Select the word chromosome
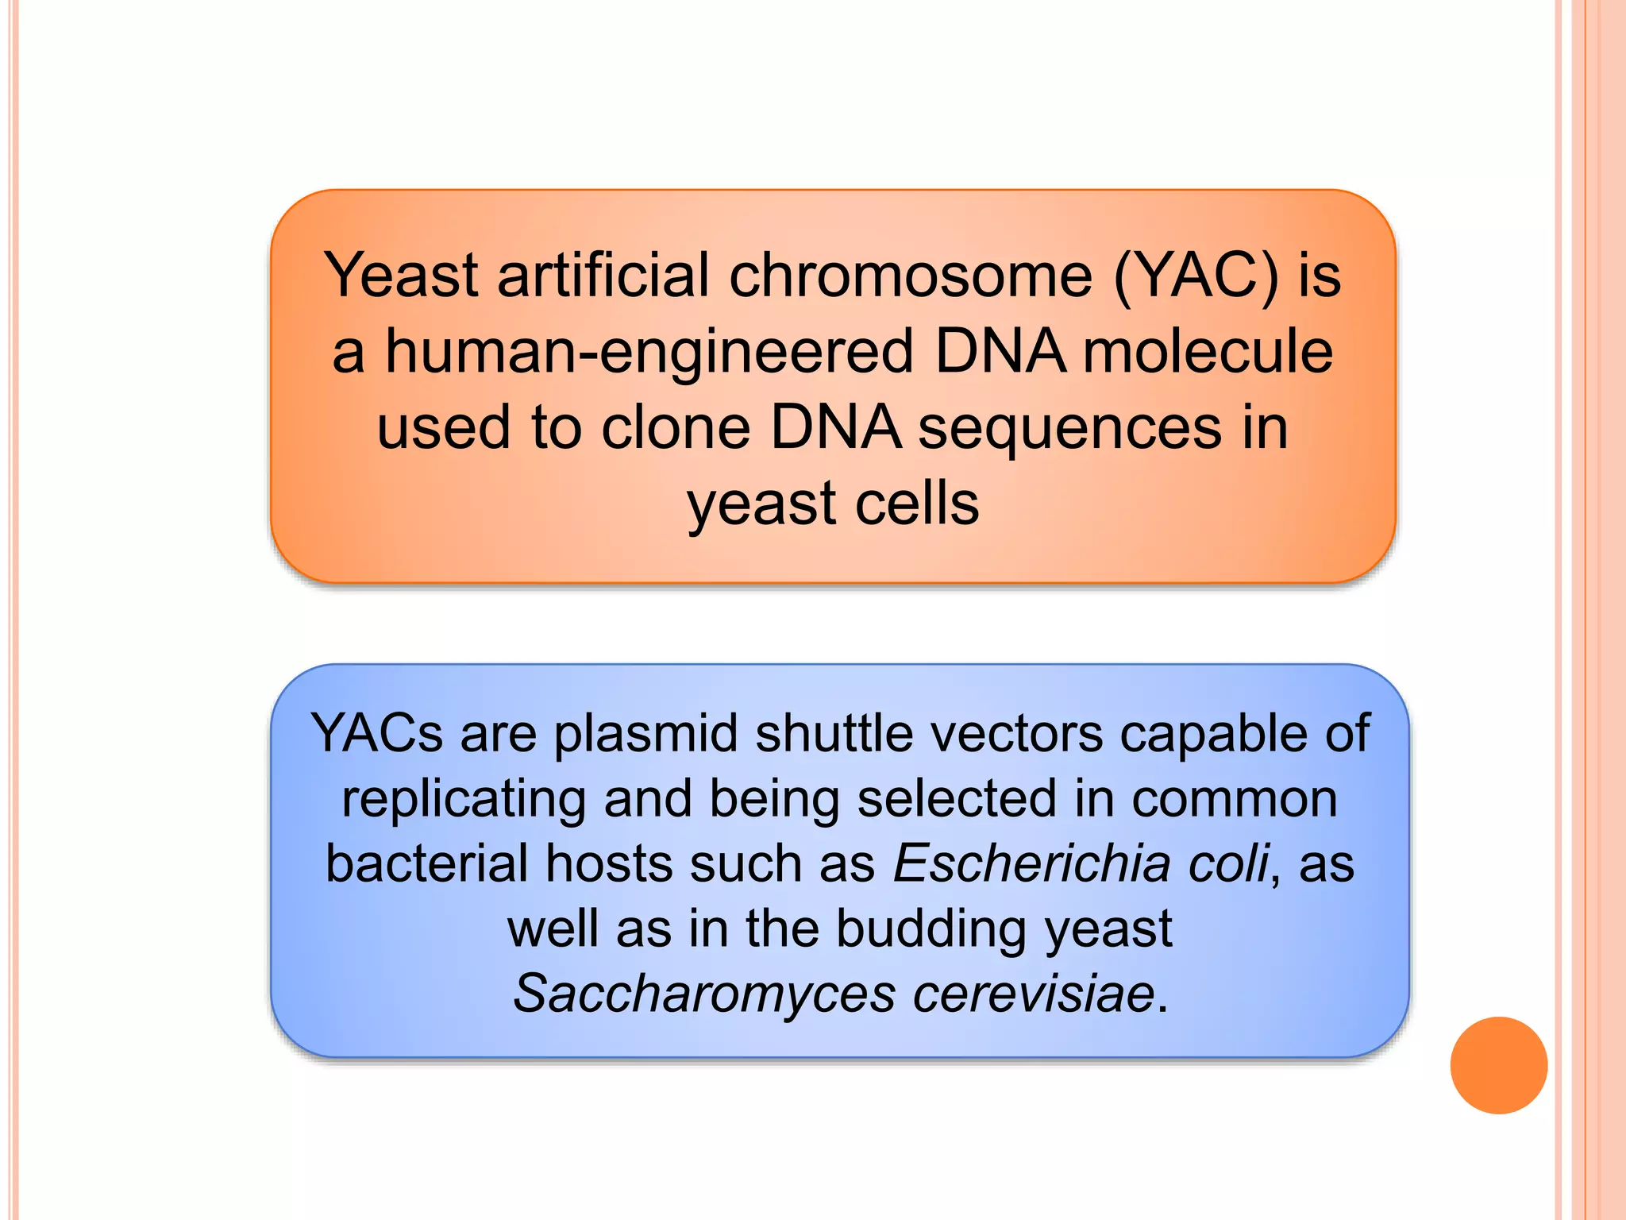click(911, 275)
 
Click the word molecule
click(1208, 352)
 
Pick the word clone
click(676, 428)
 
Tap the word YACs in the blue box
click(376, 733)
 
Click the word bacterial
click(427, 863)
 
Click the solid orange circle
click(1498, 1065)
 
